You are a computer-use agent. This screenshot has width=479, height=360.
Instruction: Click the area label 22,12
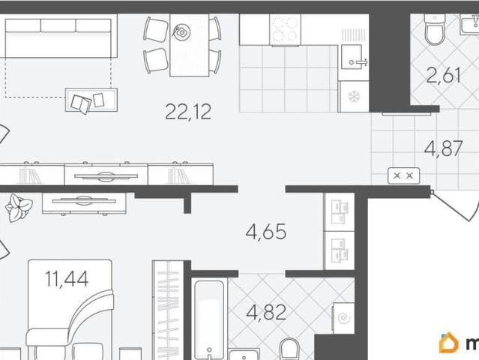188,112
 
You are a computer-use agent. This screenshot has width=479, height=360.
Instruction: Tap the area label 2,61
443,75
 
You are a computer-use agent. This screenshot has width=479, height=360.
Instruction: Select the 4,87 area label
443,148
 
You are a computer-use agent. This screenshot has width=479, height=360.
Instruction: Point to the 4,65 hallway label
266,232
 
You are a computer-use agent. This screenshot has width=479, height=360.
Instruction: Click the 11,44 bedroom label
67,279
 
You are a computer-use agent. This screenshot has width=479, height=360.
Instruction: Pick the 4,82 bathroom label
266,312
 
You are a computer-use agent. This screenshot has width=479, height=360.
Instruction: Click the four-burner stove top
286,30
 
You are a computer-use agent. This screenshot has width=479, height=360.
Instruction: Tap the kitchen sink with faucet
354,57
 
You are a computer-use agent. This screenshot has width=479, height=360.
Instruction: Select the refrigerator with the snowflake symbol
354,97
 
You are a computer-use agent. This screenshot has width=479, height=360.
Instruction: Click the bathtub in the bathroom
209,319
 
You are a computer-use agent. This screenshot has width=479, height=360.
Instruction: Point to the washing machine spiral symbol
344,318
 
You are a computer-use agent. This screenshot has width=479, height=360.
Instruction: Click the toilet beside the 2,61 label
435,29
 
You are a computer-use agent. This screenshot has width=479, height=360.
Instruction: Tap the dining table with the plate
189,45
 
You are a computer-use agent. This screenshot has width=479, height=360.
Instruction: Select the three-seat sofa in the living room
61,38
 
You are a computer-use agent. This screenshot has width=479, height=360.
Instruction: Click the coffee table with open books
91,100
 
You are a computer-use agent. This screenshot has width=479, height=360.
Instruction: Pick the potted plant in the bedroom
18,208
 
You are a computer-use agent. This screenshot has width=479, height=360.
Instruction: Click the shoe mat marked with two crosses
403,175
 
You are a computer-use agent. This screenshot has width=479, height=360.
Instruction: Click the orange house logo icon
448,342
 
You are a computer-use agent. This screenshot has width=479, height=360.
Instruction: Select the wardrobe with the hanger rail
168,310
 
